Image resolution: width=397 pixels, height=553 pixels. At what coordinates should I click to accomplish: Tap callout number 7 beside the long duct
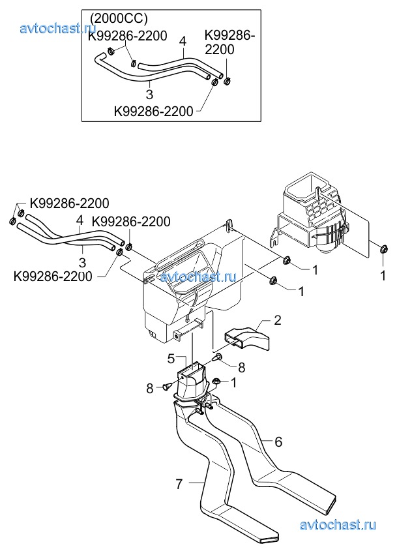(x=179, y=485)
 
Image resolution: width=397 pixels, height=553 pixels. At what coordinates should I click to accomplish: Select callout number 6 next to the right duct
(x=278, y=441)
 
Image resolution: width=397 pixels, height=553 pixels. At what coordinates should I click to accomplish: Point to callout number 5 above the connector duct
(x=171, y=359)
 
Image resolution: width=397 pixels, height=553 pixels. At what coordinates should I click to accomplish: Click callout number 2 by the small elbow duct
(x=278, y=320)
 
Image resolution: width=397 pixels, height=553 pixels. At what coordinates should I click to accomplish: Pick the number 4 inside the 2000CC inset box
(x=183, y=41)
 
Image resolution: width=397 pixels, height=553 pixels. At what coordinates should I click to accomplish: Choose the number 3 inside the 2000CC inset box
(x=149, y=94)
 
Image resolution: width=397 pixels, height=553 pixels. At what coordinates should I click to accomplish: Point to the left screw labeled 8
(x=168, y=386)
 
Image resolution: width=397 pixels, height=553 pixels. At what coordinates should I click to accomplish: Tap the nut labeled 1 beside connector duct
(x=216, y=381)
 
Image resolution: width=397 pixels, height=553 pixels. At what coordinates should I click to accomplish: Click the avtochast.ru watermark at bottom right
(x=338, y=525)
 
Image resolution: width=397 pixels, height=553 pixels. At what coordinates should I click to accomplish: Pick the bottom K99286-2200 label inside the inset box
(x=153, y=112)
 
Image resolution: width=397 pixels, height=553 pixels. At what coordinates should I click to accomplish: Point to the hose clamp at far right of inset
(x=228, y=82)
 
